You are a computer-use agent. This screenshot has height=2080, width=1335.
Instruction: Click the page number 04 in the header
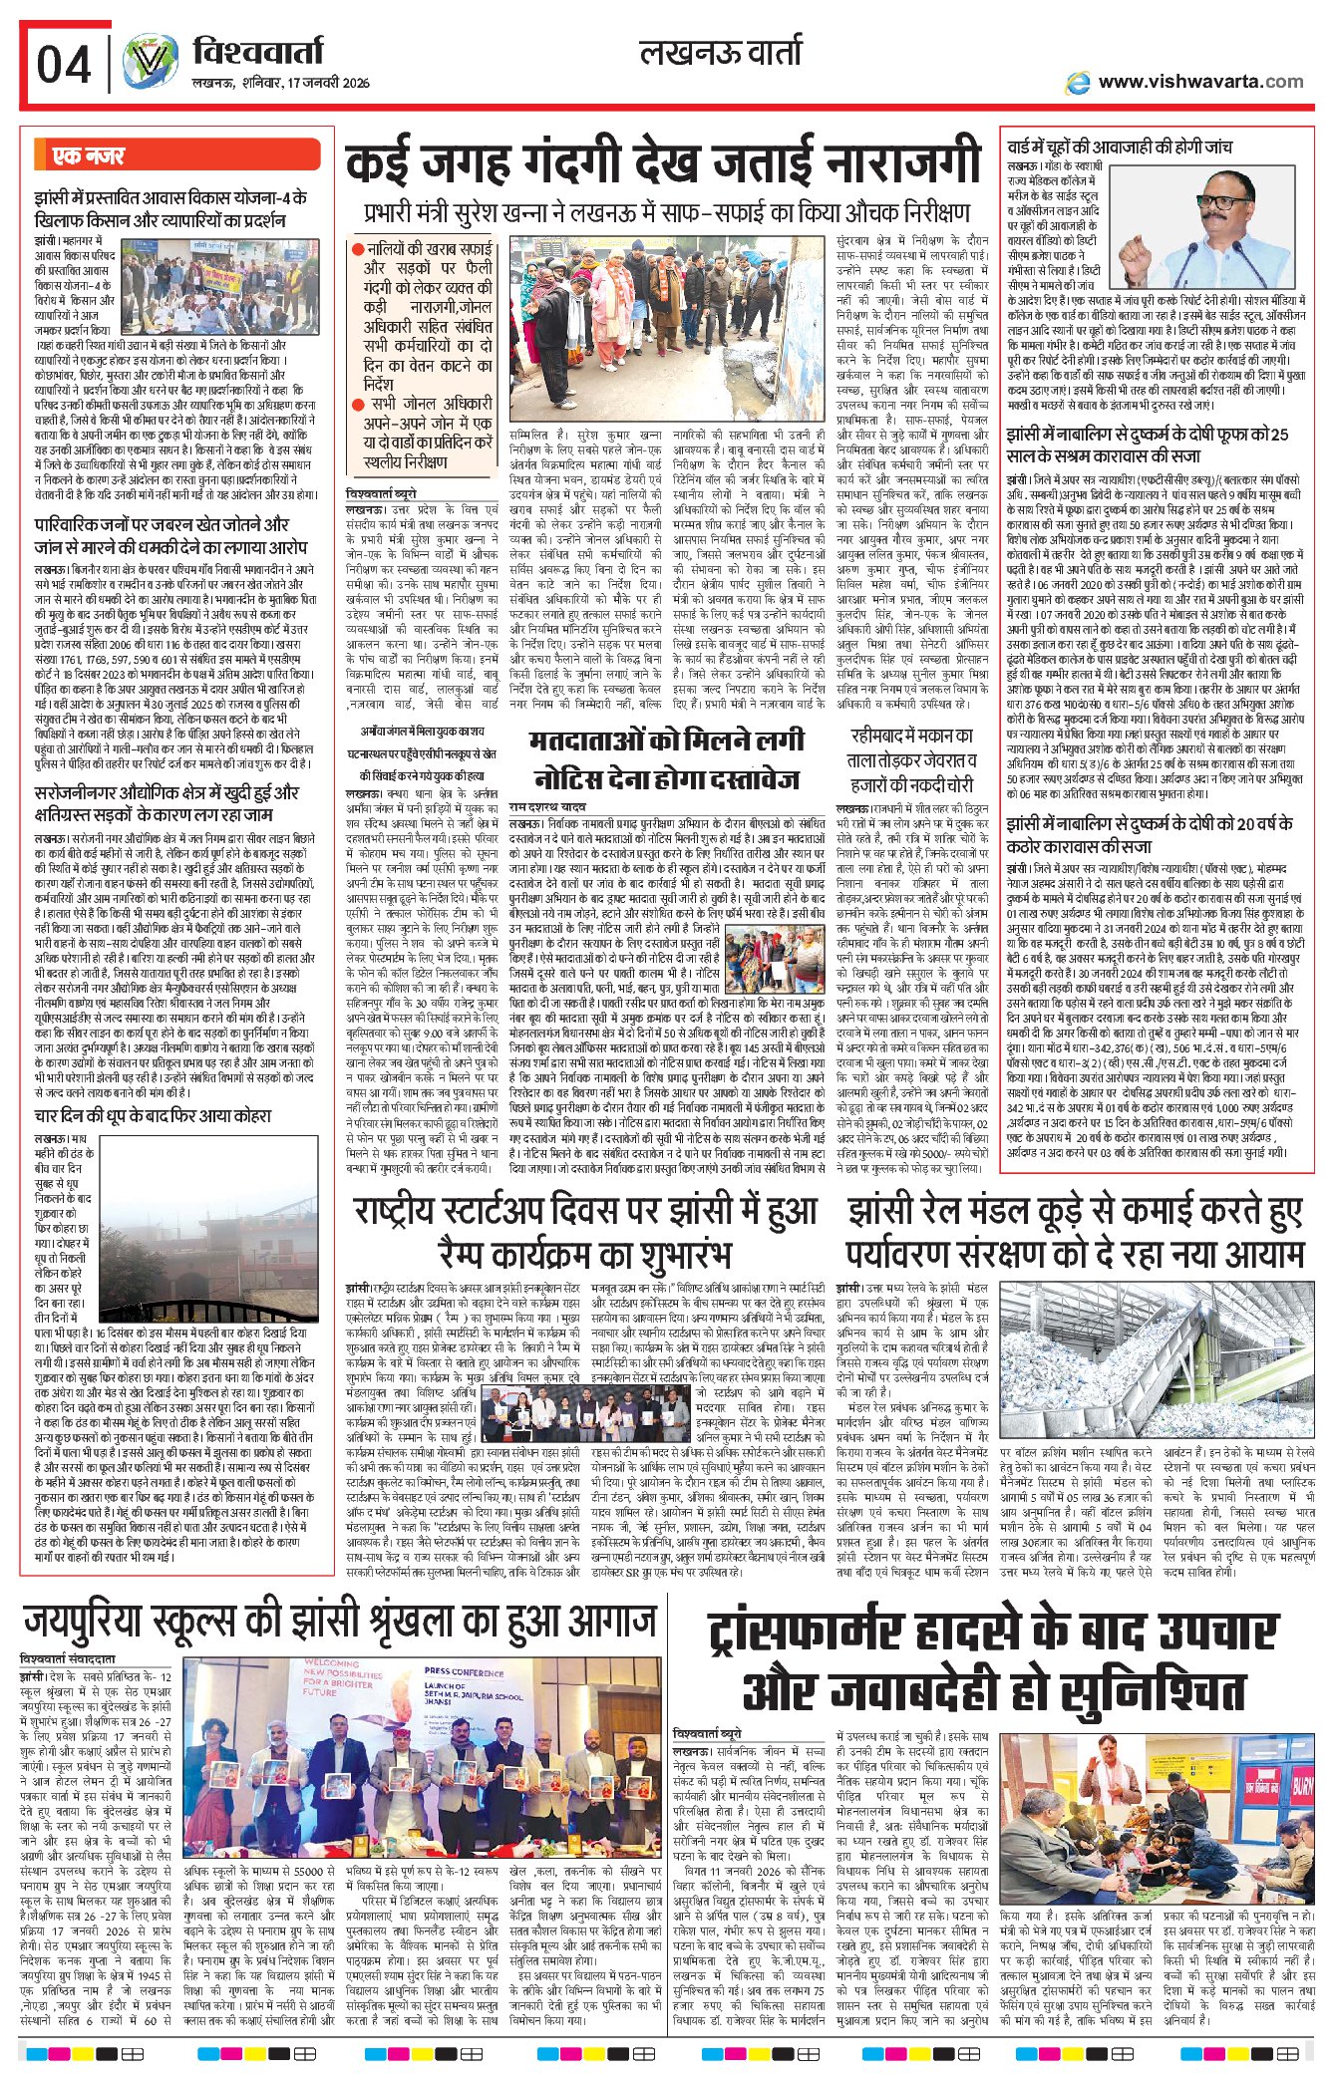(64, 66)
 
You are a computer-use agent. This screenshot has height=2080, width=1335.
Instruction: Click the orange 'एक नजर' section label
(89, 156)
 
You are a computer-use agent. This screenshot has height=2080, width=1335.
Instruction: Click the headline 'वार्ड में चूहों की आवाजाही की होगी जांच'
(1119, 148)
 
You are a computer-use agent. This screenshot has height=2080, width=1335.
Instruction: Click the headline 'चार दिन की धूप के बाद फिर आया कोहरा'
(153, 1115)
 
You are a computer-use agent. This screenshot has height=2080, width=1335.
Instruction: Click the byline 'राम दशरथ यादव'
(547, 805)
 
